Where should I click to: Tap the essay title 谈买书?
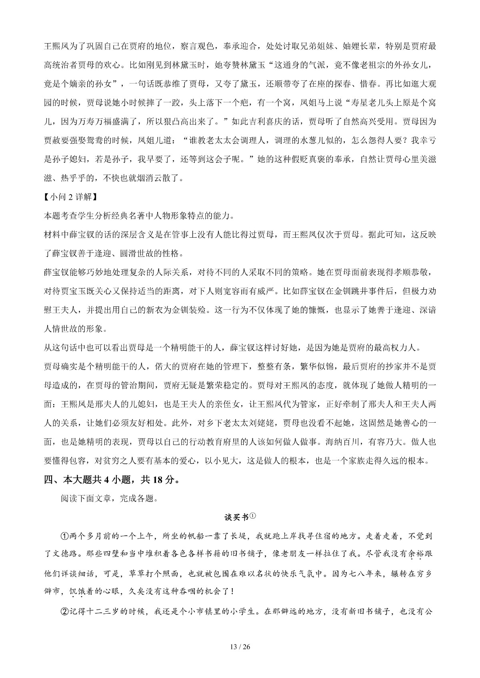(236, 517)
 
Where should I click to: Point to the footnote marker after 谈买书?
(252, 516)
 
